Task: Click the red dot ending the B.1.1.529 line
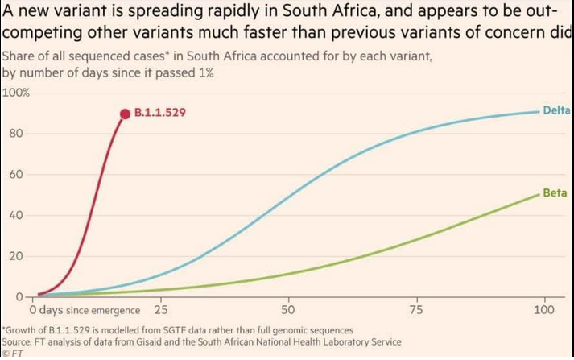125,114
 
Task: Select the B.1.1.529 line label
160,114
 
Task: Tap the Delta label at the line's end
557,110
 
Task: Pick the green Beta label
555,193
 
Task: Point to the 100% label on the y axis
15,93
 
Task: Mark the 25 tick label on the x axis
161,310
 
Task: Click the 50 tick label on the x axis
288,310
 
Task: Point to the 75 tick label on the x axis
417,310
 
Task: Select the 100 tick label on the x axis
544,310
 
